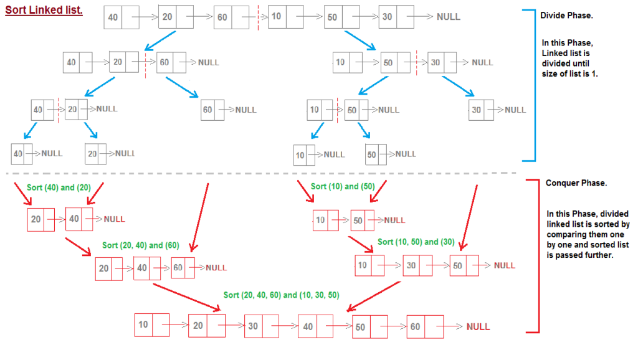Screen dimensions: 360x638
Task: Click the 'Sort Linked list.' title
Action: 44,11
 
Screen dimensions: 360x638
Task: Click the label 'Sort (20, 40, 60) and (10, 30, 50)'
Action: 281,295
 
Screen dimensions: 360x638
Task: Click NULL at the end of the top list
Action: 448,17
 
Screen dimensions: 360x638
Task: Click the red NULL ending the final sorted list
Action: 478,326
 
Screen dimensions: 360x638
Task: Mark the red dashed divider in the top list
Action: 259,17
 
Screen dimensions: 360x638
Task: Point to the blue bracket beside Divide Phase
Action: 531,84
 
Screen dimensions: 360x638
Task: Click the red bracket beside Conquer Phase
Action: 535,255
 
